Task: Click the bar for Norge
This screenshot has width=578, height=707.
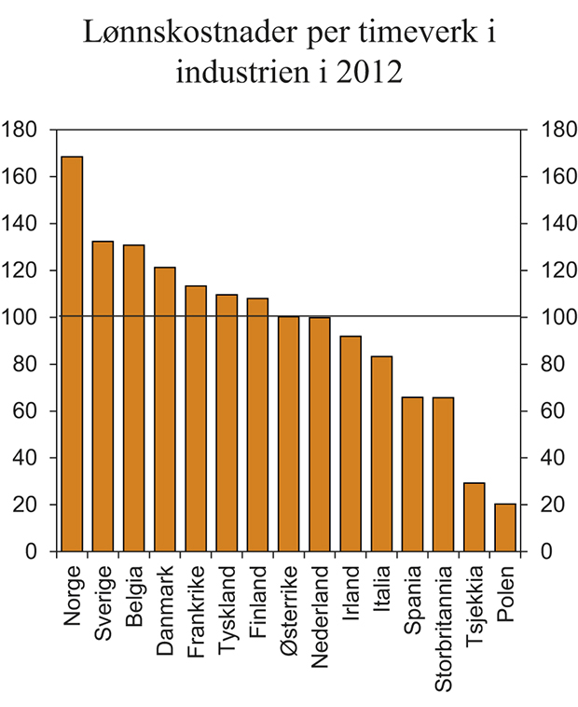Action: click(72, 354)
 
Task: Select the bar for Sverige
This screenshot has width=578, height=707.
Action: click(103, 396)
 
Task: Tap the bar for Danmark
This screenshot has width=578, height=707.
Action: click(165, 409)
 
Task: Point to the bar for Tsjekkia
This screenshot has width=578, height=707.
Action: click(474, 517)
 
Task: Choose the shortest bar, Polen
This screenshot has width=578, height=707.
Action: click(504, 528)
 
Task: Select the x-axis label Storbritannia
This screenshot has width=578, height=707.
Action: click(443, 626)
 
